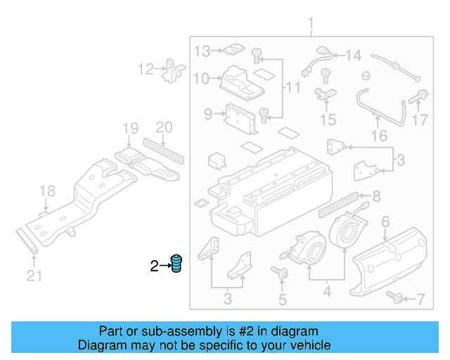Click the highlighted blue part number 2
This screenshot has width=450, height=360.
[177, 264]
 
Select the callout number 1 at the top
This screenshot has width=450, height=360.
[311, 27]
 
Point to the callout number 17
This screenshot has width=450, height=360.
[419, 120]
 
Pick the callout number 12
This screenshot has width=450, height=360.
[145, 69]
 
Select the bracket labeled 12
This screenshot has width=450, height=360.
[172, 70]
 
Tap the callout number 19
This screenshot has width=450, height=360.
[130, 128]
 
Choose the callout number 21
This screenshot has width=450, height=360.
[30, 276]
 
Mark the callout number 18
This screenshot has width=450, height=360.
[46, 191]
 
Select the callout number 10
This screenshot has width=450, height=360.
[201, 78]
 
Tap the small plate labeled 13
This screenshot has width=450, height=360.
[229, 50]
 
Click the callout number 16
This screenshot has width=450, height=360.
[379, 136]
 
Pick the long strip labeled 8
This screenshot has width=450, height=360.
[339, 203]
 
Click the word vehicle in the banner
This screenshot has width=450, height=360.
[310, 345]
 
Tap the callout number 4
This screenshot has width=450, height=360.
[326, 289]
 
